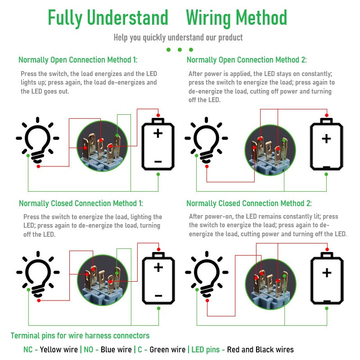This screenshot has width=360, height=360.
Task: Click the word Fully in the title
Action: tap(65, 18)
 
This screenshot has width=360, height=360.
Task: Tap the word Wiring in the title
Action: tap(209, 18)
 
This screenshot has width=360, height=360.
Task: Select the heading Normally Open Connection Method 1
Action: tap(78, 60)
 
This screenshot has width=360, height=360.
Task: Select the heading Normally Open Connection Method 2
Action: tap(247, 60)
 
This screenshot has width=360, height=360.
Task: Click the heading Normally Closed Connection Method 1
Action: tap(81, 203)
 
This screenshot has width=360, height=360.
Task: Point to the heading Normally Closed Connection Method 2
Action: tap(249, 203)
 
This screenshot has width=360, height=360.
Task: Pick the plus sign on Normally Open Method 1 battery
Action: tap(158, 133)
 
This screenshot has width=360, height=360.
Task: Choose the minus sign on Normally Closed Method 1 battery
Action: tap(158, 296)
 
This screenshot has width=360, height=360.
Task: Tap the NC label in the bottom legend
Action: tap(28, 350)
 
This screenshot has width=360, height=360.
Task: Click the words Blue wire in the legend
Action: tap(116, 350)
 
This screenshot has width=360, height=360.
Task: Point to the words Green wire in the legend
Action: tap(167, 350)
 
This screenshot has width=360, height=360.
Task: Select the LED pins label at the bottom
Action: tap(206, 350)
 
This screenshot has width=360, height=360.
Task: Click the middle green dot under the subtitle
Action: tap(180, 49)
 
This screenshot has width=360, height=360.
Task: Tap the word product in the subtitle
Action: tap(230, 38)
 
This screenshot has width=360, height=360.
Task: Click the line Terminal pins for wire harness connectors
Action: tap(80, 336)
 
